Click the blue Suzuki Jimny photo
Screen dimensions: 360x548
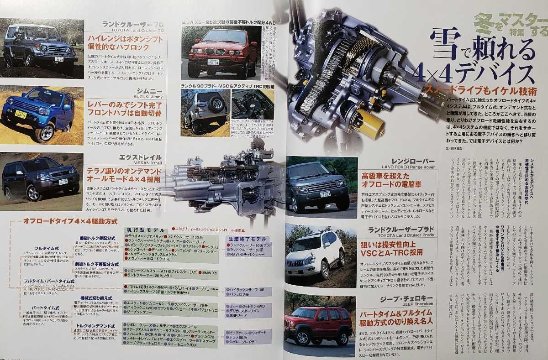41,114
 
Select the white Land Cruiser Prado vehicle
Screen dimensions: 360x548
315,256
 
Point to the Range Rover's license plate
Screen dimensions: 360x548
325,194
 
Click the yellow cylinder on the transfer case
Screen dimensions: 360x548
370,123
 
